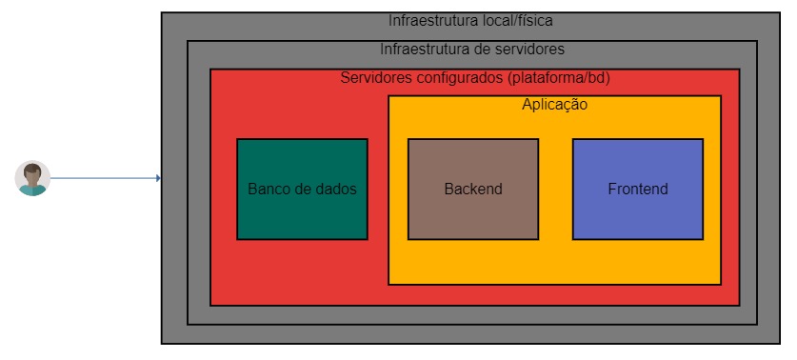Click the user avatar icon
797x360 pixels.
click(x=32, y=179)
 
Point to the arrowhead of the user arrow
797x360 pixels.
click(x=158, y=178)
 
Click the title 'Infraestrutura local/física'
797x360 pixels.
click(x=470, y=20)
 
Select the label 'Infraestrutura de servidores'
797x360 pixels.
click(x=472, y=49)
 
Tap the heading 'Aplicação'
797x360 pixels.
click(x=554, y=105)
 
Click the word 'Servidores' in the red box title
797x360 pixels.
click(x=374, y=77)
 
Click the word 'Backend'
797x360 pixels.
click(x=473, y=189)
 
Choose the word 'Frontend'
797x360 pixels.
click(x=638, y=189)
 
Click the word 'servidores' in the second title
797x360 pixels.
click(x=530, y=49)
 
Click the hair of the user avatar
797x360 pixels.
click(x=32, y=170)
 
